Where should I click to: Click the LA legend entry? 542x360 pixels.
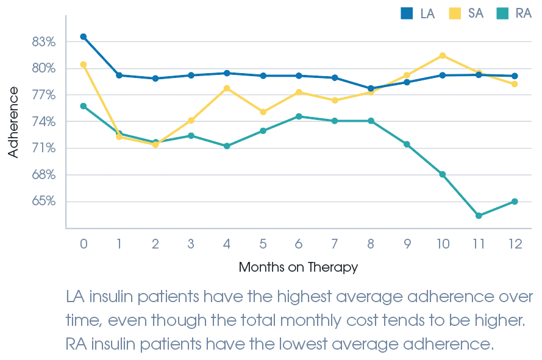tap(418, 13)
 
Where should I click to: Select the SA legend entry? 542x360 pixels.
tap(466, 13)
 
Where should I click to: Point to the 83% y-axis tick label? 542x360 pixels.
tap(44, 42)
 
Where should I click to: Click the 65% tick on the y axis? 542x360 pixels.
tap(44, 201)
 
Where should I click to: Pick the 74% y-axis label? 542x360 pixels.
tap(44, 122)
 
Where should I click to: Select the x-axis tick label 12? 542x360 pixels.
tap(515, 244)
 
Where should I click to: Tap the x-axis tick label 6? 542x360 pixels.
tap(299, 244)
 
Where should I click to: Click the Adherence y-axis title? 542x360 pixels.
tap(13, 122)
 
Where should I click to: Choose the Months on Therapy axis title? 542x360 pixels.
tap(298, 267)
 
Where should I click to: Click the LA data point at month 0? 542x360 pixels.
tap(84, 37)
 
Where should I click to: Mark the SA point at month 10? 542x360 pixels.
tap(443, 55)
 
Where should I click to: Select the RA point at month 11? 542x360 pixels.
tap(479, 216)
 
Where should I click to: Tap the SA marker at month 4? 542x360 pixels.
tap(227, 88)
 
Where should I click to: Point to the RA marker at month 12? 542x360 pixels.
tap(515, 202)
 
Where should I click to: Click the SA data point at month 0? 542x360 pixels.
tap(84, 65)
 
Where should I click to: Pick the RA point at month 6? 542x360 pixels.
tap(299, 116)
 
